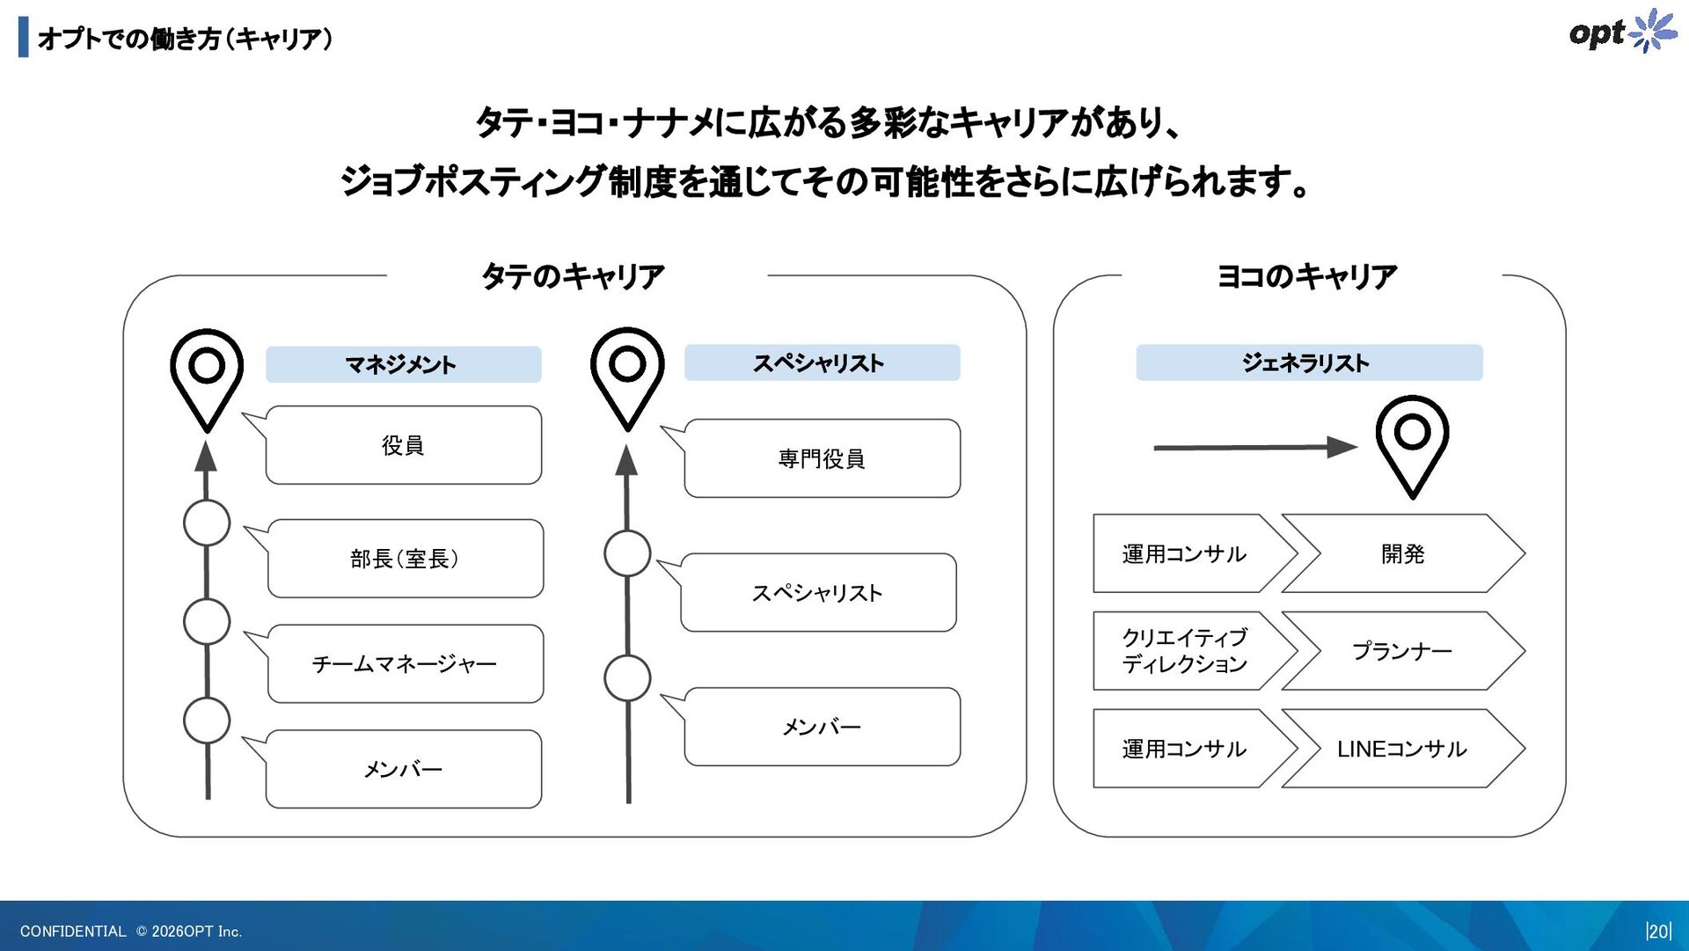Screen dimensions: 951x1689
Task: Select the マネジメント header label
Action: tap(403, 364)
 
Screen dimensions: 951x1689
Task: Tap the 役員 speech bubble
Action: tap(403, 445)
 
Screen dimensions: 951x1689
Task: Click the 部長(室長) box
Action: tap(405, 559)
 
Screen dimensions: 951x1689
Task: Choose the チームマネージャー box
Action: tap(405, 663)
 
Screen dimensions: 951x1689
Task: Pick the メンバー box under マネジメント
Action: tap(403, 769)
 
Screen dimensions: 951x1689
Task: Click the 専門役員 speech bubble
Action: tap(822, 458)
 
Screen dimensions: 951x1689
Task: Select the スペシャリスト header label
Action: tap(822, 362)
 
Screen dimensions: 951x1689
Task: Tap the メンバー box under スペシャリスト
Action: tap(822, 727)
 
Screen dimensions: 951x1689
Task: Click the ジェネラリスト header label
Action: tap(1308, 362)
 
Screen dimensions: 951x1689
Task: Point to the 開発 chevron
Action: tap(1402, 553)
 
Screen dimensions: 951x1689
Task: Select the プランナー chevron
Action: tap(1402, 651)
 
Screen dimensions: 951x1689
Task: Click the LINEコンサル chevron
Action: tap(1402, 749)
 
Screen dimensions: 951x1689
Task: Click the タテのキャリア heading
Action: tap(573, 276)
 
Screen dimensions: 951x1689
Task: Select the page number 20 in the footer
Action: tap(1658, 931)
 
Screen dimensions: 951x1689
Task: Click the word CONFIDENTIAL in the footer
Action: tap(73, 931)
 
